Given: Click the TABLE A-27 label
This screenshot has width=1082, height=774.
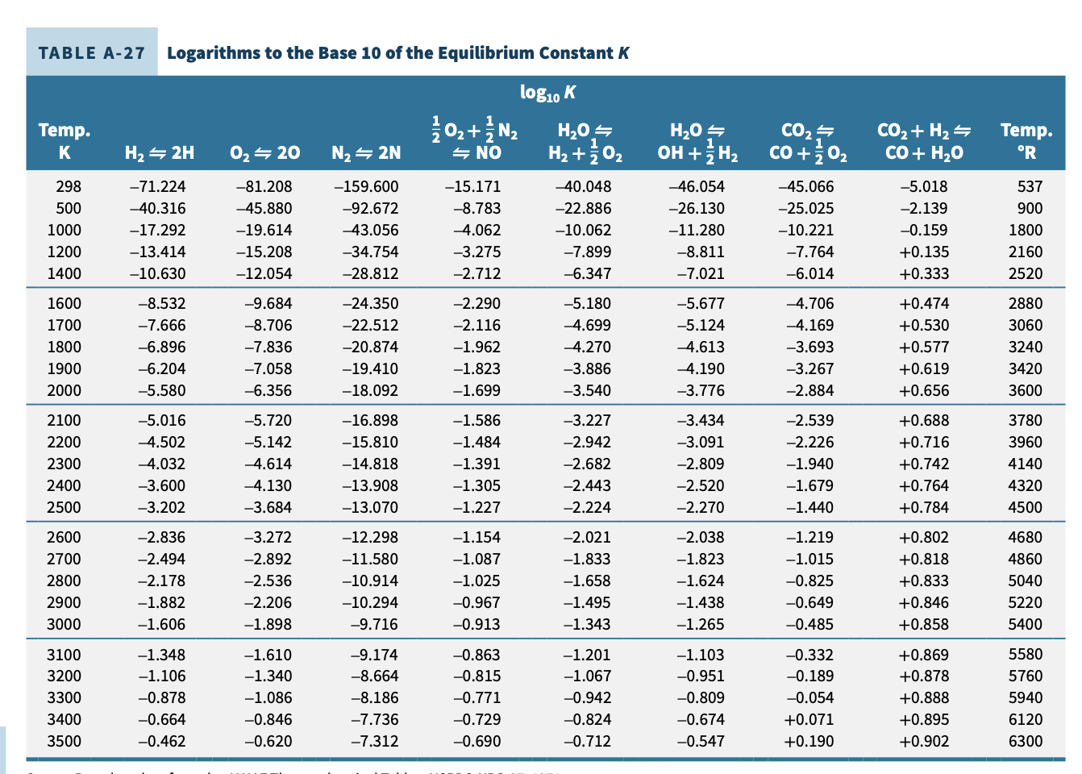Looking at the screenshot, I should click(x=91, y=53).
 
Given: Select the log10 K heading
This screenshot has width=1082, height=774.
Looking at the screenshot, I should click(x=547, y=93).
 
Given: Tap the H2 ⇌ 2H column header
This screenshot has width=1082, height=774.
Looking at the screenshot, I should click(x=160, y=152).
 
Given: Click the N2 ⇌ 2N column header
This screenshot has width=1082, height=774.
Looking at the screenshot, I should click(x=366, y=152).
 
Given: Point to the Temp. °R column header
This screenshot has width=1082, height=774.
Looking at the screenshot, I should click(x=1026, y=141).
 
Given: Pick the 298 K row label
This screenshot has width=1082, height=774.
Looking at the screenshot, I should click(x=69, y=186).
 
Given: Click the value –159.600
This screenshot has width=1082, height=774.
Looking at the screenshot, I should click(x=366, y=186).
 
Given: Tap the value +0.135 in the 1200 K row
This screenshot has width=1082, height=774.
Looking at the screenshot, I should click(x=924, y=252).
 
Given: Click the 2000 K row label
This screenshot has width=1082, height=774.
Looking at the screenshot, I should click(x=65, y=390).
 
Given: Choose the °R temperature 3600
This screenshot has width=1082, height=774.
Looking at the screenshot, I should click(x=1026, y=390).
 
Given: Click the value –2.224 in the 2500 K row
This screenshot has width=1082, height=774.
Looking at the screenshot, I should click(x=586, y=507).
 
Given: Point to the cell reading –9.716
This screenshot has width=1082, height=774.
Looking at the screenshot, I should click(x=374, y=624).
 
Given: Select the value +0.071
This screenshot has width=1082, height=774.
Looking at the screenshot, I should click(x=809, y=719).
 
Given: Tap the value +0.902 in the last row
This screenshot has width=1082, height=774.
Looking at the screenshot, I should click(x=924, y=741).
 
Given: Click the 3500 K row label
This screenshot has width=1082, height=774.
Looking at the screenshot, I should click(x=65, y=741).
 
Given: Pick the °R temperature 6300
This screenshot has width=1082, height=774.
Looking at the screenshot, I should click(x=1026, y=741).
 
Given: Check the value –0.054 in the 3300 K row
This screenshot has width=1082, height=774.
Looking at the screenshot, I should click(x=809, y=697).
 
